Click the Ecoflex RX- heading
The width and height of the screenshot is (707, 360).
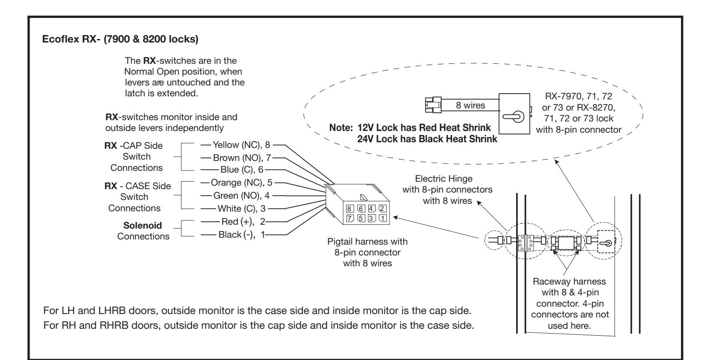click(x=120, y=39)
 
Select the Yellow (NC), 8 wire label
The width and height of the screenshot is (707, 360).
click(x=241, y=145)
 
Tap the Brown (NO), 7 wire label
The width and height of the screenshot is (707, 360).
click(x=242, y=157)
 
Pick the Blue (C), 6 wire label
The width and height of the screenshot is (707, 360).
click(x=242, y=170)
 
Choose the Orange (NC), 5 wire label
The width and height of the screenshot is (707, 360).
click(x=242, y=183)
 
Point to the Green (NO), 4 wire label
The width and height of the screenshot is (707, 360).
click(x=242, y=196)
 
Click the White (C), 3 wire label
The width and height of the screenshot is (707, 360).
click(x=242, y=209)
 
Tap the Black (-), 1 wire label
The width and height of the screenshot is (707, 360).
click(x=242, y=234)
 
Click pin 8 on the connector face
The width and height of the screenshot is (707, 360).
click(x=349, y=209)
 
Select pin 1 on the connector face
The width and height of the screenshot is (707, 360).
click(x=383, y=218)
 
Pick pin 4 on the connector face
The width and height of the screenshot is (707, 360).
click(x=371, y=208)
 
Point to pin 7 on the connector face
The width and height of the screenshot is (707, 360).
click(x=350, y=218)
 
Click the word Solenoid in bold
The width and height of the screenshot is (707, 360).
click(x=142, y=225)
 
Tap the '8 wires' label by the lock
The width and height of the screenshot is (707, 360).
click(x=470, y=105)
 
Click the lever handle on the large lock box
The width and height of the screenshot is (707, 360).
click(x=513, y=116)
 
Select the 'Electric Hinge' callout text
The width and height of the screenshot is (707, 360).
click(x=443, y=179)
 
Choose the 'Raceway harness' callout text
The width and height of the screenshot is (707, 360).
click(x=570, y=281)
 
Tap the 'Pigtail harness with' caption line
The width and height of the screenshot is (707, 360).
click(x=367, y=242)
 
